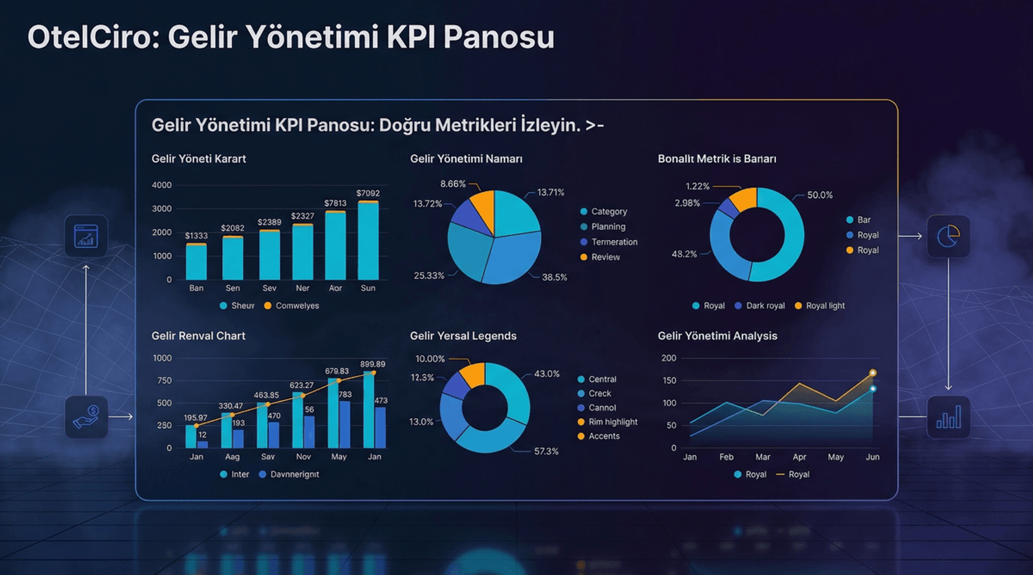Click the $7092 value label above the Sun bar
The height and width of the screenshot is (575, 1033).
[x=368, y=193]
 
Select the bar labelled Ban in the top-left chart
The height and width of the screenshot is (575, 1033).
[x=196, y=262]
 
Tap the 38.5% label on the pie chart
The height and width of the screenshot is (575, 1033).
[x=554, y=277]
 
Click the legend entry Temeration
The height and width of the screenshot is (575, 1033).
[x=614, y=242]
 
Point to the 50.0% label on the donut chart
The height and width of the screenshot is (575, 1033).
[x=819, y=195]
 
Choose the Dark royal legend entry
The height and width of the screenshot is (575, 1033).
[x=765, y=306]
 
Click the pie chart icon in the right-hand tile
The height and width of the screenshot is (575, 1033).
[x=948, y=236]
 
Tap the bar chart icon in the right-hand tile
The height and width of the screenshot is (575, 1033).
[x=948, y=417]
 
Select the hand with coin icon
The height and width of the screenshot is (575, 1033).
[x=86, y=417]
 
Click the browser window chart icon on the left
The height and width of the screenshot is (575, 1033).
[x=86, y=236]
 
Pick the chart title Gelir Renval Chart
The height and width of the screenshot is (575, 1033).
[x=198, y=336]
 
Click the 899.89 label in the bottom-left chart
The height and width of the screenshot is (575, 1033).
[x=372, y=364]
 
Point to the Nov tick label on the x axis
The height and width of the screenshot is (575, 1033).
[x=303, y=457]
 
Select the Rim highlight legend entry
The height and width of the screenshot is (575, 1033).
[x=612, y=422]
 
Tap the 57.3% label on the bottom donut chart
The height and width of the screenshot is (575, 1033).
[x=546, y=451]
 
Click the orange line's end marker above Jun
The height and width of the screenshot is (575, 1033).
[x=873, y=373]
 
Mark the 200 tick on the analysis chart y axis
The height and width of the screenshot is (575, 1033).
[x=669, y=358]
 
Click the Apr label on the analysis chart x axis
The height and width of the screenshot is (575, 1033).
[x=799, y=457]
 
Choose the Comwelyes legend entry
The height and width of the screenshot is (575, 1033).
[x=296, y=306]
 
